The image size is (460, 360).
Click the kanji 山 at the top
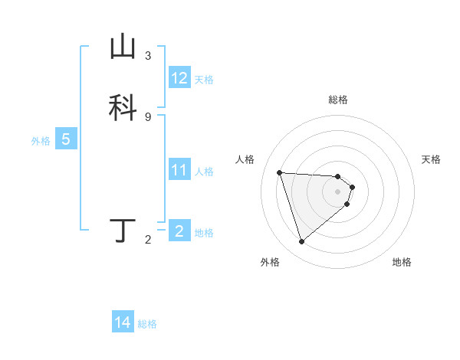pyautogui.click(x=123, y=47)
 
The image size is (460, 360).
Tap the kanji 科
pyautogui.click(x=123, y=106)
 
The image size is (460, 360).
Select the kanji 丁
pyautogui.click(x=123, y=231)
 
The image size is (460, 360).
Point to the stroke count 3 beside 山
pyautogui.click(x=148, y=56)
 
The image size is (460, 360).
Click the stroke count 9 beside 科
pyautogui.click(x=148, y=116)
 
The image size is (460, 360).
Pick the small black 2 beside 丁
pyautogui.click(x=148, y=240)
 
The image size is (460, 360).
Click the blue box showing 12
pyautogui.click(x=179, y=78)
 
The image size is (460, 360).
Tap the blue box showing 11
pyautogui.click(x=179, y=170)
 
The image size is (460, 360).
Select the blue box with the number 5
pyautogui.click(x=66, y=140)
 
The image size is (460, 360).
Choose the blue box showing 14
pyautogui.click(x=123, y=323)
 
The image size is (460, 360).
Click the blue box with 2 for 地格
pyautogui.click(x=179, y=231)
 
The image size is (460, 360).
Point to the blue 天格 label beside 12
pyautogui.click(x=204, y=79)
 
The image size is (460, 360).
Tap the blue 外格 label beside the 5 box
pyautogui.click(x=41, y=141)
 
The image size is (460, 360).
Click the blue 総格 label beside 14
pyautogui.click(x=147, y=324)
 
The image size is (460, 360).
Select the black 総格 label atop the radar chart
pyautogui.click(x=338, y=100)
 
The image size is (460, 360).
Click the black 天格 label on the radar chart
pyautogui.click(x=432, y=159)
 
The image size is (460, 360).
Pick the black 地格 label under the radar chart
pyautogui.click(x=402, y=262)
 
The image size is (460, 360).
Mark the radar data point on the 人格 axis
pyautogui.click(x=280, y=172)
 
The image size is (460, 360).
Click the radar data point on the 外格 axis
pyautogui.click(x=301, y=242)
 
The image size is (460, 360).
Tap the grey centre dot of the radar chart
pyautogui.click(x=338, y=191)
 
